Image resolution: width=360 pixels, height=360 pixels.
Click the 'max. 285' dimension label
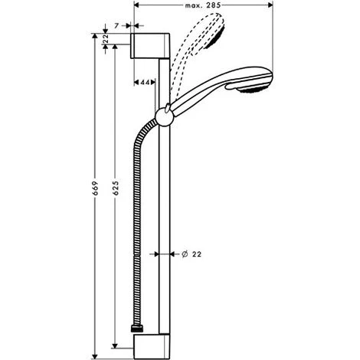203,5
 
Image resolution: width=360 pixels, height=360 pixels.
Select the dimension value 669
95,188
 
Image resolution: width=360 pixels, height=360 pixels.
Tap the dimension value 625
116,188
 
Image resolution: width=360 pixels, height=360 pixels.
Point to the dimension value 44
145,82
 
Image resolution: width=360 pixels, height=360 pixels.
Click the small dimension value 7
116,25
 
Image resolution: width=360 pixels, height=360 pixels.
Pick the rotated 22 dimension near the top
106,38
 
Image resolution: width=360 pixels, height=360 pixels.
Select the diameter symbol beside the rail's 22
185,254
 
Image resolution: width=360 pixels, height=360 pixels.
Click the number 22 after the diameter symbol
197,254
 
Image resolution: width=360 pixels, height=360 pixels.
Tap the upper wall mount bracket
150,46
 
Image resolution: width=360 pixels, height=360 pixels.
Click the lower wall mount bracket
152,347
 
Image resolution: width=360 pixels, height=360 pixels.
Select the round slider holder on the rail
165,117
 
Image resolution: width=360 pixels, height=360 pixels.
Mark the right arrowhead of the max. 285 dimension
270,5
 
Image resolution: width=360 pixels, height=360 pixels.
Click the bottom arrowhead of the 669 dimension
95,356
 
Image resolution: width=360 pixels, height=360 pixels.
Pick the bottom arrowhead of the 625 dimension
115,345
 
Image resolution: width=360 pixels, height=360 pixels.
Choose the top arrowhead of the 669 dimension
95,36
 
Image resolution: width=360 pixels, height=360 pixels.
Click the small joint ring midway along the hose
137,254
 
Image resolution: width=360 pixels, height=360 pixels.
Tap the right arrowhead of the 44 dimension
152,82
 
